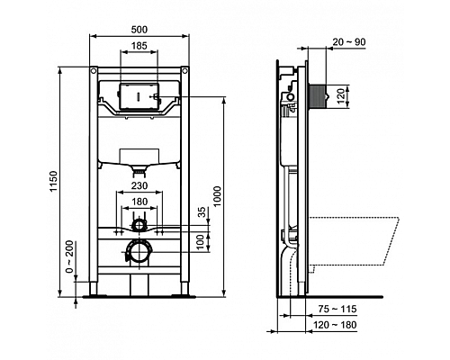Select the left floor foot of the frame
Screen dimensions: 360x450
click(x=94, y=292)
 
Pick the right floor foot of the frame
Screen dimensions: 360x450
click(x=185, y=292)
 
